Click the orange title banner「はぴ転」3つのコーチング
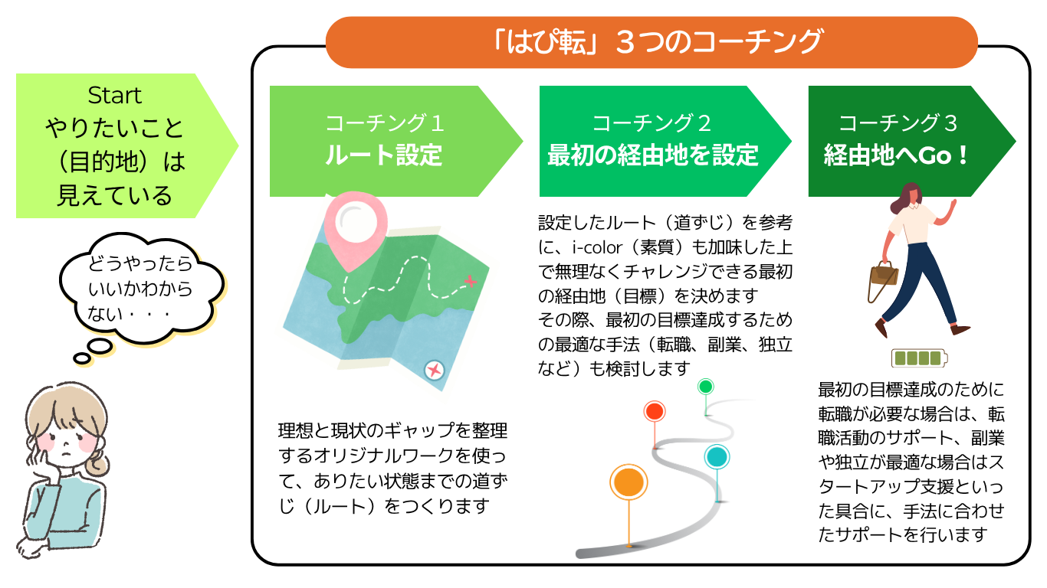coord(652,42)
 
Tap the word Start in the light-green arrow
coord(114,96)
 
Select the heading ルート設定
coord(384,155)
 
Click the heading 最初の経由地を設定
coord(653,155)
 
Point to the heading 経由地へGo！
coord(895,155)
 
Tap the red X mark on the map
coord(470,281)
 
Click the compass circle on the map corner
coord(435,371)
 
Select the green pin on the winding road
coord(705,387)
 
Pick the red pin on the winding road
coord(655,411)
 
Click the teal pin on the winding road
coord(717,457)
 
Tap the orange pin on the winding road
coord(629,482)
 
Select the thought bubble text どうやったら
coord(140,264)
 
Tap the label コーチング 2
coord(652,123)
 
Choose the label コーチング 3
coord(898,123)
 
